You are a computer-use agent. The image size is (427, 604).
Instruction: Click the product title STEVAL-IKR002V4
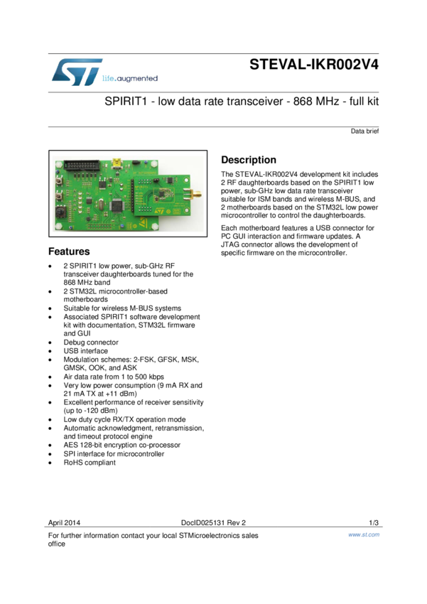tap(314, 65)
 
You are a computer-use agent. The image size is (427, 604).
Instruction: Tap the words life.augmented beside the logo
tap(130, 78)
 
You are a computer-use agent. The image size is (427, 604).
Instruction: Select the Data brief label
tap(364, 131)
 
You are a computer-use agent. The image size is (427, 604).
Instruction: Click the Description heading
tap(248, 160)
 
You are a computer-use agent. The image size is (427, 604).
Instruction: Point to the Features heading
tap(69, 252)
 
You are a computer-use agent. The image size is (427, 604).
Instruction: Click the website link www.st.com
tap(364, 534)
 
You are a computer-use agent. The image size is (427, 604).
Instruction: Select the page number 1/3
tap(374, 523)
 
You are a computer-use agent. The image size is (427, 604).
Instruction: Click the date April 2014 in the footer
tap(63, 523)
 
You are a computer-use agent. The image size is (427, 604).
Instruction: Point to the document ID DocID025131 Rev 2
tap(213, 523)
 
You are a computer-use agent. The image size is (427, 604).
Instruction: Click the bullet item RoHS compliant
tap(90, 463)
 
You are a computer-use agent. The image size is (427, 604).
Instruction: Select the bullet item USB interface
tap(86, 351)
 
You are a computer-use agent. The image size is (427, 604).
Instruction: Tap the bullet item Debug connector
tap(91, 343)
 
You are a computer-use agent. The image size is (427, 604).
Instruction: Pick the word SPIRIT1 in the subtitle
tap(126, 102)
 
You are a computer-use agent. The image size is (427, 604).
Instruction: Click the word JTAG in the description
tap(233, 244)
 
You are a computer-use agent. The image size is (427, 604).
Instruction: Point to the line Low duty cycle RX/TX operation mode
tap(124, 419)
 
